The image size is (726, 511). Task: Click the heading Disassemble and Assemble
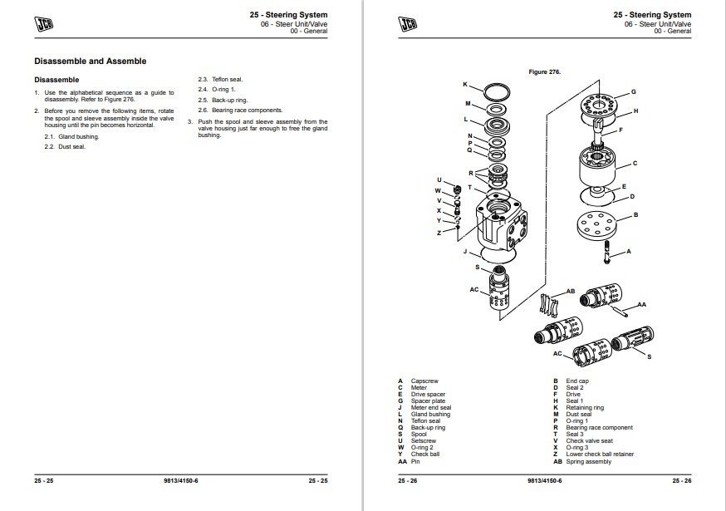coord(90,61)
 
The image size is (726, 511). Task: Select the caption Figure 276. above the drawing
coord(545,71)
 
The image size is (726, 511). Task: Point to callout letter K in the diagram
coord(465,85)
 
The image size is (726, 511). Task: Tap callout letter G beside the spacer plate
coord(633,91)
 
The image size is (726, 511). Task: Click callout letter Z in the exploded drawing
coord(439,233)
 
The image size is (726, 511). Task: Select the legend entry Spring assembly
coord(588,462)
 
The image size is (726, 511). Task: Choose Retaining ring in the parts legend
coord(585,408)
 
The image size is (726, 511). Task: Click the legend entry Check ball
coord(425,455)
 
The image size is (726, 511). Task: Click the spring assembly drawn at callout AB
coord(548,305)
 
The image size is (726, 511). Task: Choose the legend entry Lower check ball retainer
coord(599,455)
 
